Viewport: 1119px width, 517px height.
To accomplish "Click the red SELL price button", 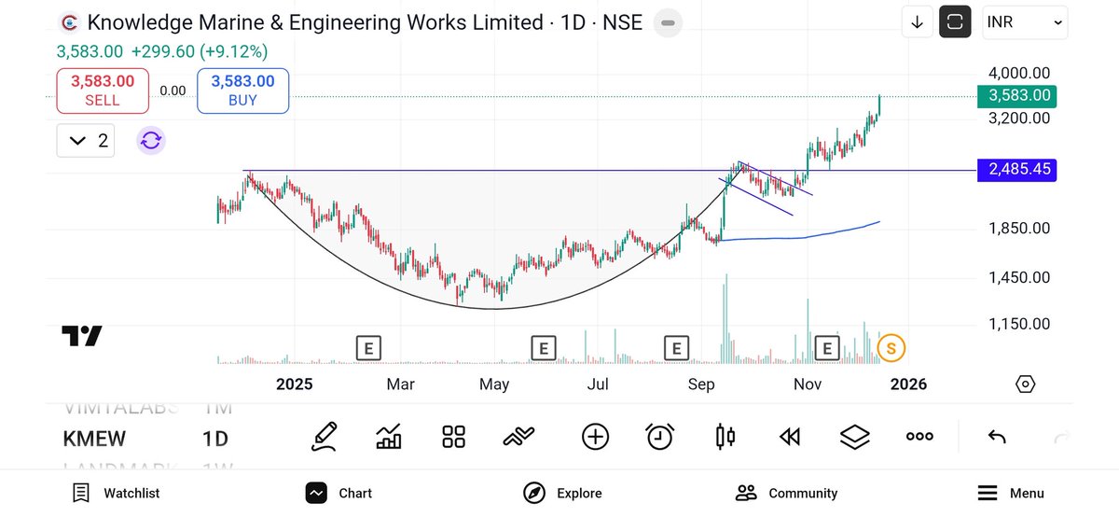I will point(103,91).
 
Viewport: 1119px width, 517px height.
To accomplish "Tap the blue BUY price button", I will point(242,91).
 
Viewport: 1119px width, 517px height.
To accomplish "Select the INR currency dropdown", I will point(1025,22).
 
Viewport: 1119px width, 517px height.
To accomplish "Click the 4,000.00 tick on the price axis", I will point(1019,73).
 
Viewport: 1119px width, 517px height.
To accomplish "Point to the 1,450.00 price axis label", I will point(1019,277).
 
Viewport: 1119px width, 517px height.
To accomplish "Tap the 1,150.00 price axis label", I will point(1019,324).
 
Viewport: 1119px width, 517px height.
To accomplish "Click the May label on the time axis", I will point(494,384).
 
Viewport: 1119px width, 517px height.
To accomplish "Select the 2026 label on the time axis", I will point(908,384).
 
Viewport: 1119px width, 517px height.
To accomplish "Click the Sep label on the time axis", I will point(701,384).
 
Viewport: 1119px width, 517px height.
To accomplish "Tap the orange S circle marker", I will point(891,349).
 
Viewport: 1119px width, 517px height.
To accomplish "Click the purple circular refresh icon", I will point(151,141).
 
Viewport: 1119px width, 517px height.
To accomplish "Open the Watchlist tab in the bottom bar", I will point(116,493).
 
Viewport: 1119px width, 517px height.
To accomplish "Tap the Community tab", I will point(786,493).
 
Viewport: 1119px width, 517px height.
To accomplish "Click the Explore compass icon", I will point(533,493).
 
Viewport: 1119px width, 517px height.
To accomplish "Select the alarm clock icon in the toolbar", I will point(660,436).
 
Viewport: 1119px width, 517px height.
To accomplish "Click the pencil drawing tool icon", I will point(325,436).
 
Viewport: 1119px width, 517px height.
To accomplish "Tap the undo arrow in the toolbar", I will point(997,437).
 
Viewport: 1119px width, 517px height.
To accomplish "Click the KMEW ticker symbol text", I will point(94,439).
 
